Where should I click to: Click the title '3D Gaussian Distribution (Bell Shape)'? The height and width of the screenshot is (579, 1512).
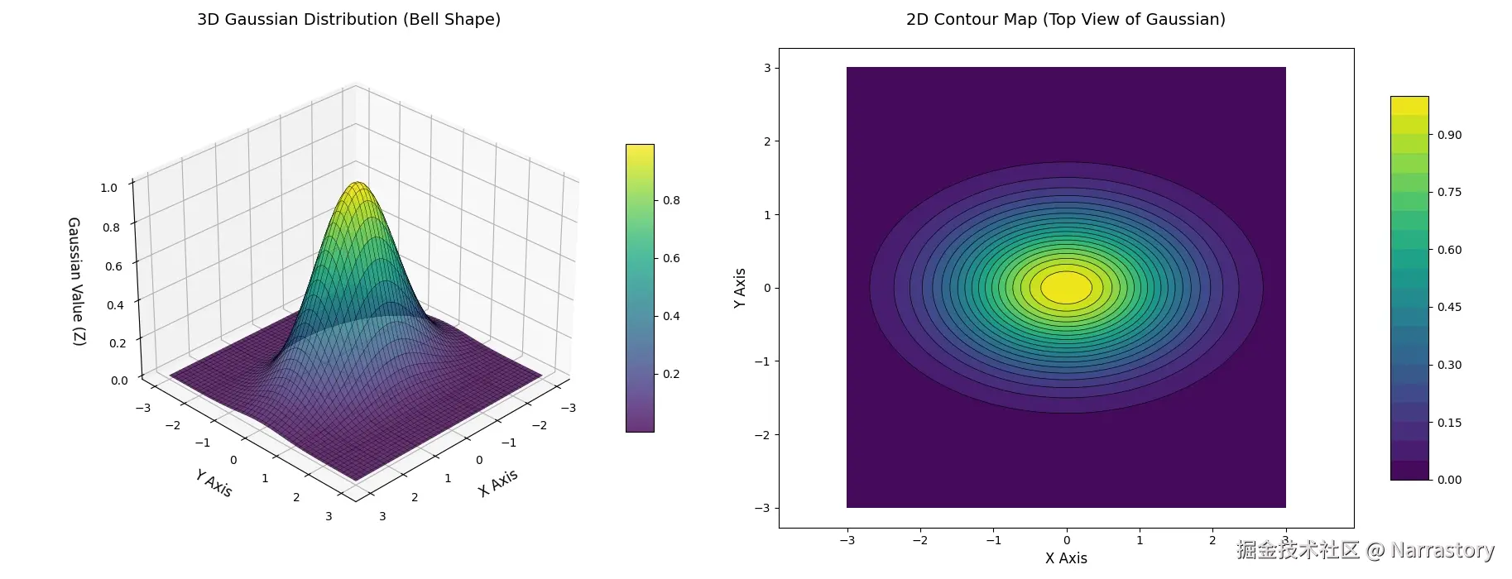348,19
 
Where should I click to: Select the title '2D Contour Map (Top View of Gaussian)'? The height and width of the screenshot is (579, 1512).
1065,19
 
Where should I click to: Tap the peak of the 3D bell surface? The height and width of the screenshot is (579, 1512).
358,184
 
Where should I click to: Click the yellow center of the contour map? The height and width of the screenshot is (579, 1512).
1066,288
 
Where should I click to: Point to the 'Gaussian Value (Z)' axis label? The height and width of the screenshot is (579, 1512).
75,281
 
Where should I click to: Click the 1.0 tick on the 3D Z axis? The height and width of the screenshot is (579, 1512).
109,188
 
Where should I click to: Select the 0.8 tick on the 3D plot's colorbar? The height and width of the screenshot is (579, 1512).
671,200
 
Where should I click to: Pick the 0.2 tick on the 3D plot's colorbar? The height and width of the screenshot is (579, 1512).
671,374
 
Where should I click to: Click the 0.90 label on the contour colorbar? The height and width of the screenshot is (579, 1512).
1449,135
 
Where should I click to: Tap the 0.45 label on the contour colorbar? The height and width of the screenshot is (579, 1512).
1449,307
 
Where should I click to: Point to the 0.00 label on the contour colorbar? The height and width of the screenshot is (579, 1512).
1449,480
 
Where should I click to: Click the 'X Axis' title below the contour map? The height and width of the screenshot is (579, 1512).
1066,558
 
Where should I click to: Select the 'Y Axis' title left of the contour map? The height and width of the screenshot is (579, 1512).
740,288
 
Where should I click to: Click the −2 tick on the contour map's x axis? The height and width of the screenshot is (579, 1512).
919,540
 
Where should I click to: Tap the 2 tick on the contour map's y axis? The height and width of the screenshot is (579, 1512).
766,141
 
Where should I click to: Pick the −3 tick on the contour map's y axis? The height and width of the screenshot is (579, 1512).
763,508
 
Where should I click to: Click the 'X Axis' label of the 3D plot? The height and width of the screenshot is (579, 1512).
498,482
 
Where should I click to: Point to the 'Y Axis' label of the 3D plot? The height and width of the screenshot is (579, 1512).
214,483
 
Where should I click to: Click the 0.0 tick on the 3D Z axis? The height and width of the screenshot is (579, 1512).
119,380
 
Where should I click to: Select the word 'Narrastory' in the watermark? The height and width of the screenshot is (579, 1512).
1442,550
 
